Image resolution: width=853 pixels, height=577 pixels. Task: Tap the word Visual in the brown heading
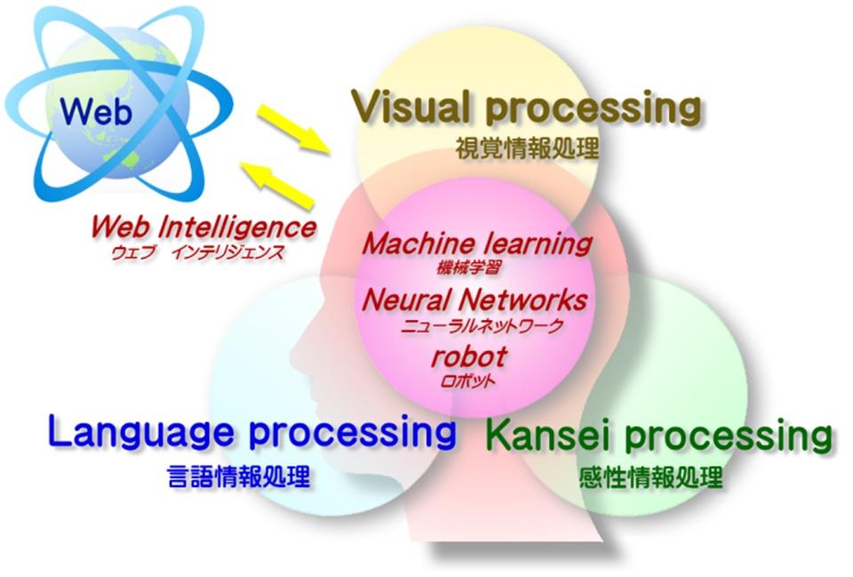coord(401,109)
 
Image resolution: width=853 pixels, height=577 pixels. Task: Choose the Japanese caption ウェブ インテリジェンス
coord(197,252)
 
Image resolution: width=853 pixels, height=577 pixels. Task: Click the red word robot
coord(468,357)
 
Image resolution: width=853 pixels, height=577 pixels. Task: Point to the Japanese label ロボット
coord(468,381)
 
